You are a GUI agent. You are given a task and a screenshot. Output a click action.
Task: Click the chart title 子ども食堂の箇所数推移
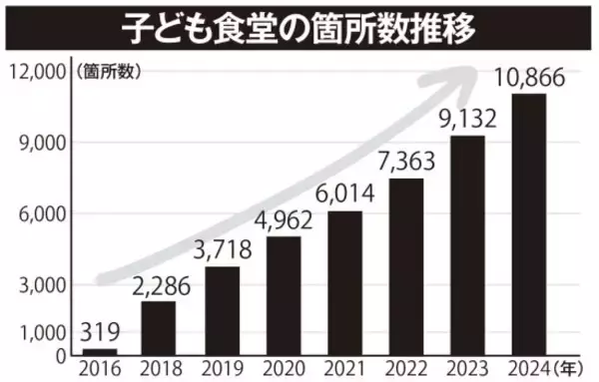coord(299,27)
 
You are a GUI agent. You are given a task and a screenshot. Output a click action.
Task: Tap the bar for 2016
coord(99,351)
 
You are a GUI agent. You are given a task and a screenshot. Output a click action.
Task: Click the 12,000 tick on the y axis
coord(38,72)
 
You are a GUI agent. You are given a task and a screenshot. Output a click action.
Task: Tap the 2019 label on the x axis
coord(223,367)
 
